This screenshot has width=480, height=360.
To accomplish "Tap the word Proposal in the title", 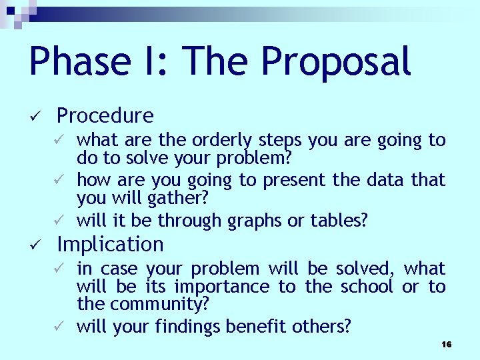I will pyautogui.click(x=335, y=62).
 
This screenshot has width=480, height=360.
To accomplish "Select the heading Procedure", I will pyautogui.click(x=105, y=116).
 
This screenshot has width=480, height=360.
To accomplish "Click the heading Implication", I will pyautogui.click(x=110, y=245).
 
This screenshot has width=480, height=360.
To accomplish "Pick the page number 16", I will pyautogui.click(x=446, y=344).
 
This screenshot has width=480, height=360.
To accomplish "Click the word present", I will pyautogui.click(x=291, y=180).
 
